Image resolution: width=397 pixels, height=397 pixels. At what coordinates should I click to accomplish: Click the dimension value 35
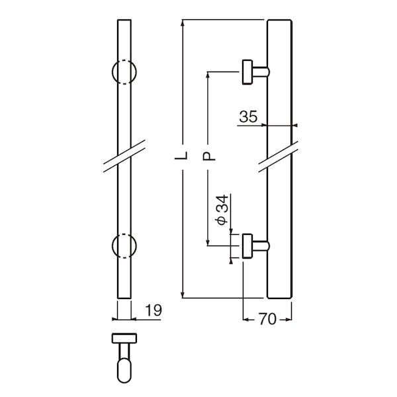point(248,118)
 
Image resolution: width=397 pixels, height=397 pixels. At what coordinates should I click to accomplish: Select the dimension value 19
point(151,310)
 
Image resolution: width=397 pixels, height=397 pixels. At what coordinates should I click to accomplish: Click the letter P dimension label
point(207,157)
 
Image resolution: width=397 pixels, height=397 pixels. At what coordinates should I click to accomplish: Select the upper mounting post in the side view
point(255,71)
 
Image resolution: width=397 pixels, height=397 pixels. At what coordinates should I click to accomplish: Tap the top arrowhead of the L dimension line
point(183,22)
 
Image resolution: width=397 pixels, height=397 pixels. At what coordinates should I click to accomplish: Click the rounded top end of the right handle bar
point(280,23)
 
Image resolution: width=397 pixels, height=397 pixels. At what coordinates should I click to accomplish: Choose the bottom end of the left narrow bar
point(125,296)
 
